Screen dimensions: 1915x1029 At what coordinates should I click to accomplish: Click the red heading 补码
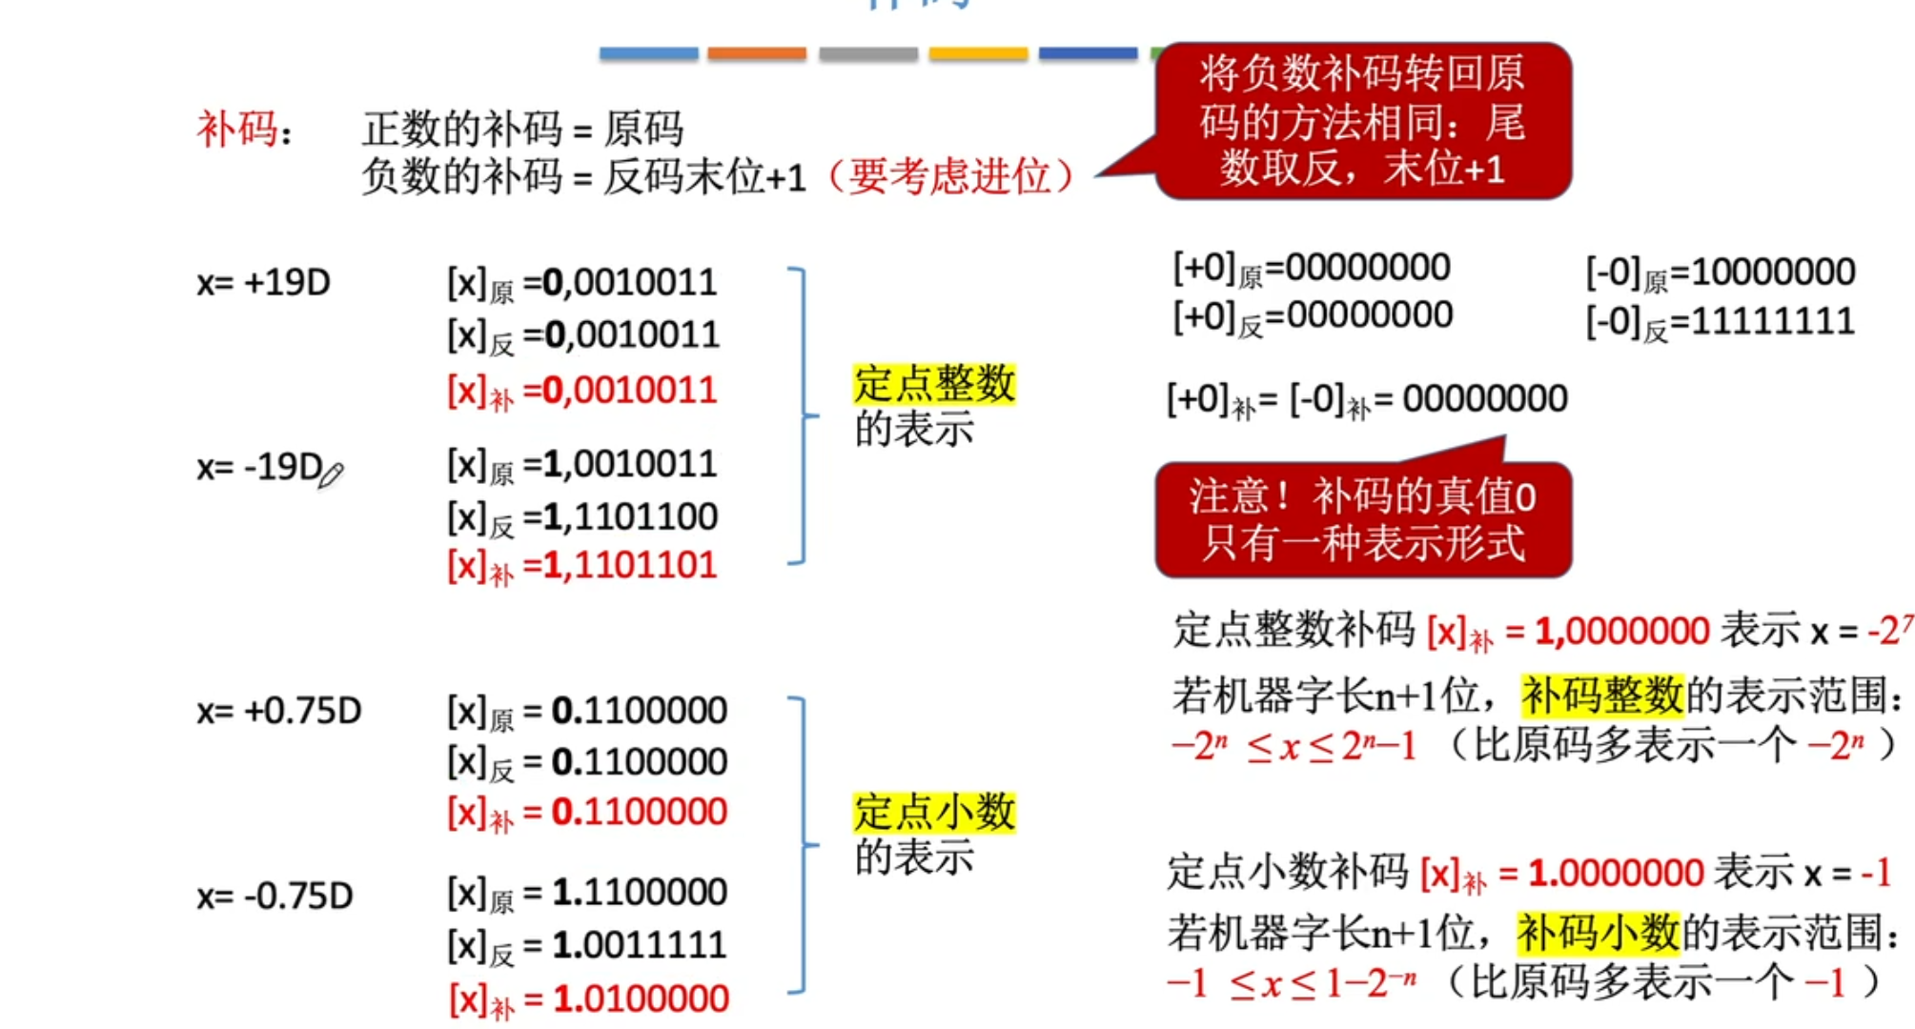(236, 129)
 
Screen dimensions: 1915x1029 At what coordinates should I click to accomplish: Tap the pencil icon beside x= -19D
(331, 474)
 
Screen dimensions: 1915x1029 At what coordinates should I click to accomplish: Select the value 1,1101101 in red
(629, 566)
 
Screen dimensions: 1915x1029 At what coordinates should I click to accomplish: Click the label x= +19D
(263, 283)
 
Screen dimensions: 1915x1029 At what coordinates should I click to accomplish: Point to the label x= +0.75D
(278, 711)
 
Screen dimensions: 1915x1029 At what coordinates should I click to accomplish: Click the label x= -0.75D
(275, 896)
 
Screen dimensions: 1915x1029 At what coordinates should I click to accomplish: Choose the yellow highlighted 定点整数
(933, 384)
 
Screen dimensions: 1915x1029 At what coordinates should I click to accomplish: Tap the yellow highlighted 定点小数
(933, 813)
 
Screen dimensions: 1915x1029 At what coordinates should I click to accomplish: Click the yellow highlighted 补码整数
(1601, 695)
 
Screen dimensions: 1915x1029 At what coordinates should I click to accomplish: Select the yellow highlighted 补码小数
(1598, 933)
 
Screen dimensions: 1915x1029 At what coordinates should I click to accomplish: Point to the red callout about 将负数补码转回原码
(1363, 121)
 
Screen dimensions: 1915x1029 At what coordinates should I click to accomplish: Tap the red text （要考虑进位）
(948, 177)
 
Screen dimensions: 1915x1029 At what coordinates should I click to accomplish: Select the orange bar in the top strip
(757, 53)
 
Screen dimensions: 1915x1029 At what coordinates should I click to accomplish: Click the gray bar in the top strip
(867, 53)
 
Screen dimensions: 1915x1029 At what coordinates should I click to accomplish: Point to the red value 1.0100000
(641, 999)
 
